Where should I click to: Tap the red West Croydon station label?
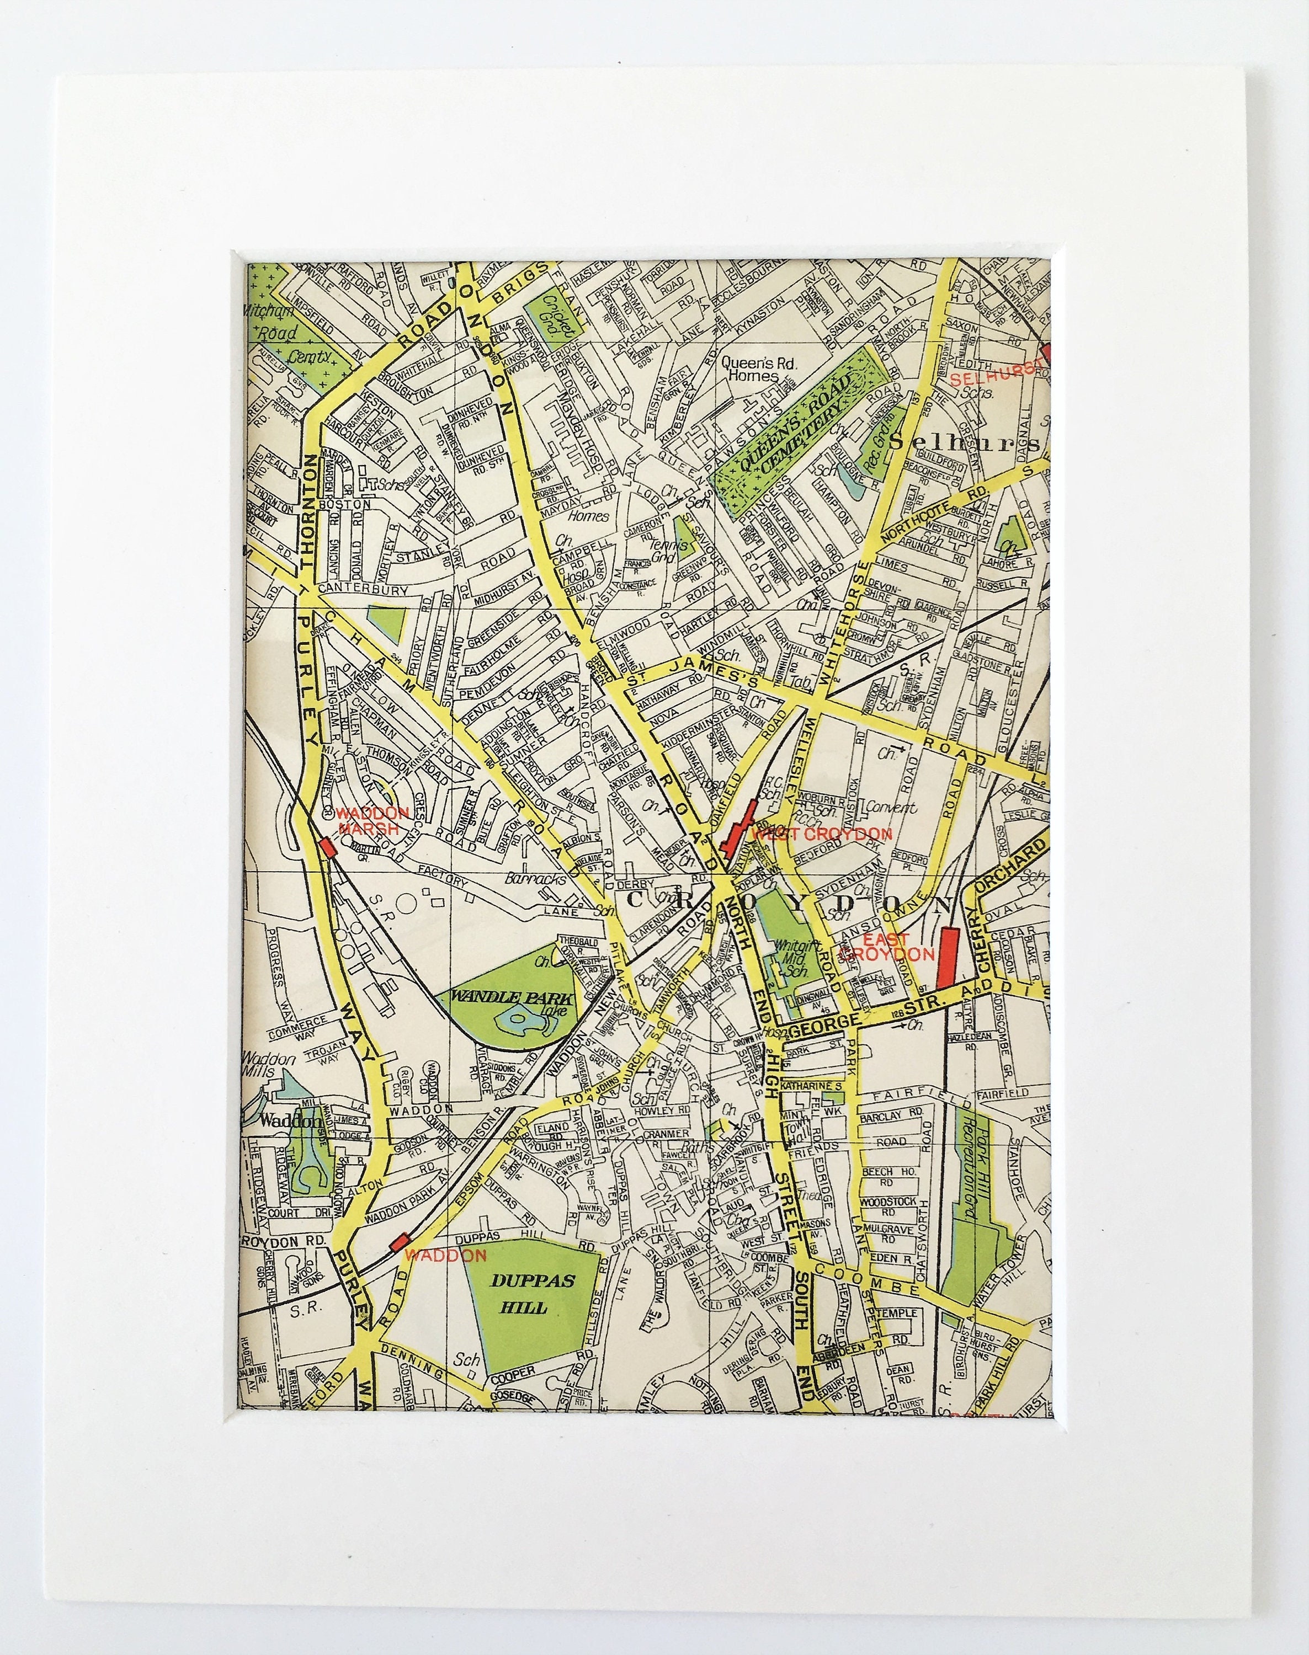822,834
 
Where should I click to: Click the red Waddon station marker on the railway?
398,1242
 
